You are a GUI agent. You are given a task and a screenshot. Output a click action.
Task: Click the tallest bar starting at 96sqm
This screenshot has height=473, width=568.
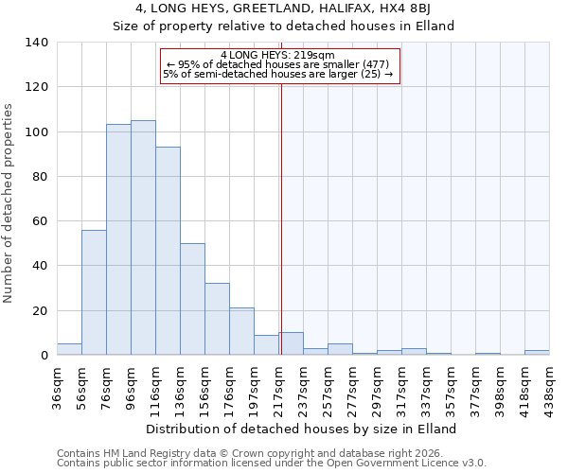coord(143,237)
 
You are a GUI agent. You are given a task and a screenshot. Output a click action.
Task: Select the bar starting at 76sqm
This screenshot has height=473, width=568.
coord(118,239)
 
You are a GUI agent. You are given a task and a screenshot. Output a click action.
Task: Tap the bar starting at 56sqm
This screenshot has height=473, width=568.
coord(94,292)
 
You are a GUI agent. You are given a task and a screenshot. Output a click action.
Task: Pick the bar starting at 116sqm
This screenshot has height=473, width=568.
coord(168,251)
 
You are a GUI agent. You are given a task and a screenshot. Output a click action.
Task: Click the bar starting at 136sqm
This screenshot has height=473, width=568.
coord(192,299)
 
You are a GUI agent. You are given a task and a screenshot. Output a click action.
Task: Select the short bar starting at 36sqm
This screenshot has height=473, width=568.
coord(69,349)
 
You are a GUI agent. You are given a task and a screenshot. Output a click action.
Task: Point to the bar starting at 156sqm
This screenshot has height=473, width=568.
coord(217,319)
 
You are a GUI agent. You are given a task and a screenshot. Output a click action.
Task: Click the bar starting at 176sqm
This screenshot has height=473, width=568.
coord(241,331)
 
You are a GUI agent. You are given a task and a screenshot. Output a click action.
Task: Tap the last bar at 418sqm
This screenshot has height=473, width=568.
coord(537,352)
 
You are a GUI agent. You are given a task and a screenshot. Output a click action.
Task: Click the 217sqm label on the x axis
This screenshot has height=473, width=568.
coord(278,385)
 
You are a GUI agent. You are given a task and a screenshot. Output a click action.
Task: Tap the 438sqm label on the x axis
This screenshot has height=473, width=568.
coord(549,385)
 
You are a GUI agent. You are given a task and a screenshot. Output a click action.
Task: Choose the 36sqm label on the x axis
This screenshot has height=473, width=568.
coord(57,385)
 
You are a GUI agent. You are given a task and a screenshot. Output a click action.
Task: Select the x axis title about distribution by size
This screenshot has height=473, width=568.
coord(303,429)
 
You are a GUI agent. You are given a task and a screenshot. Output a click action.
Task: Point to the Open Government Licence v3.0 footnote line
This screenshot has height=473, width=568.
coord(272,463)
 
